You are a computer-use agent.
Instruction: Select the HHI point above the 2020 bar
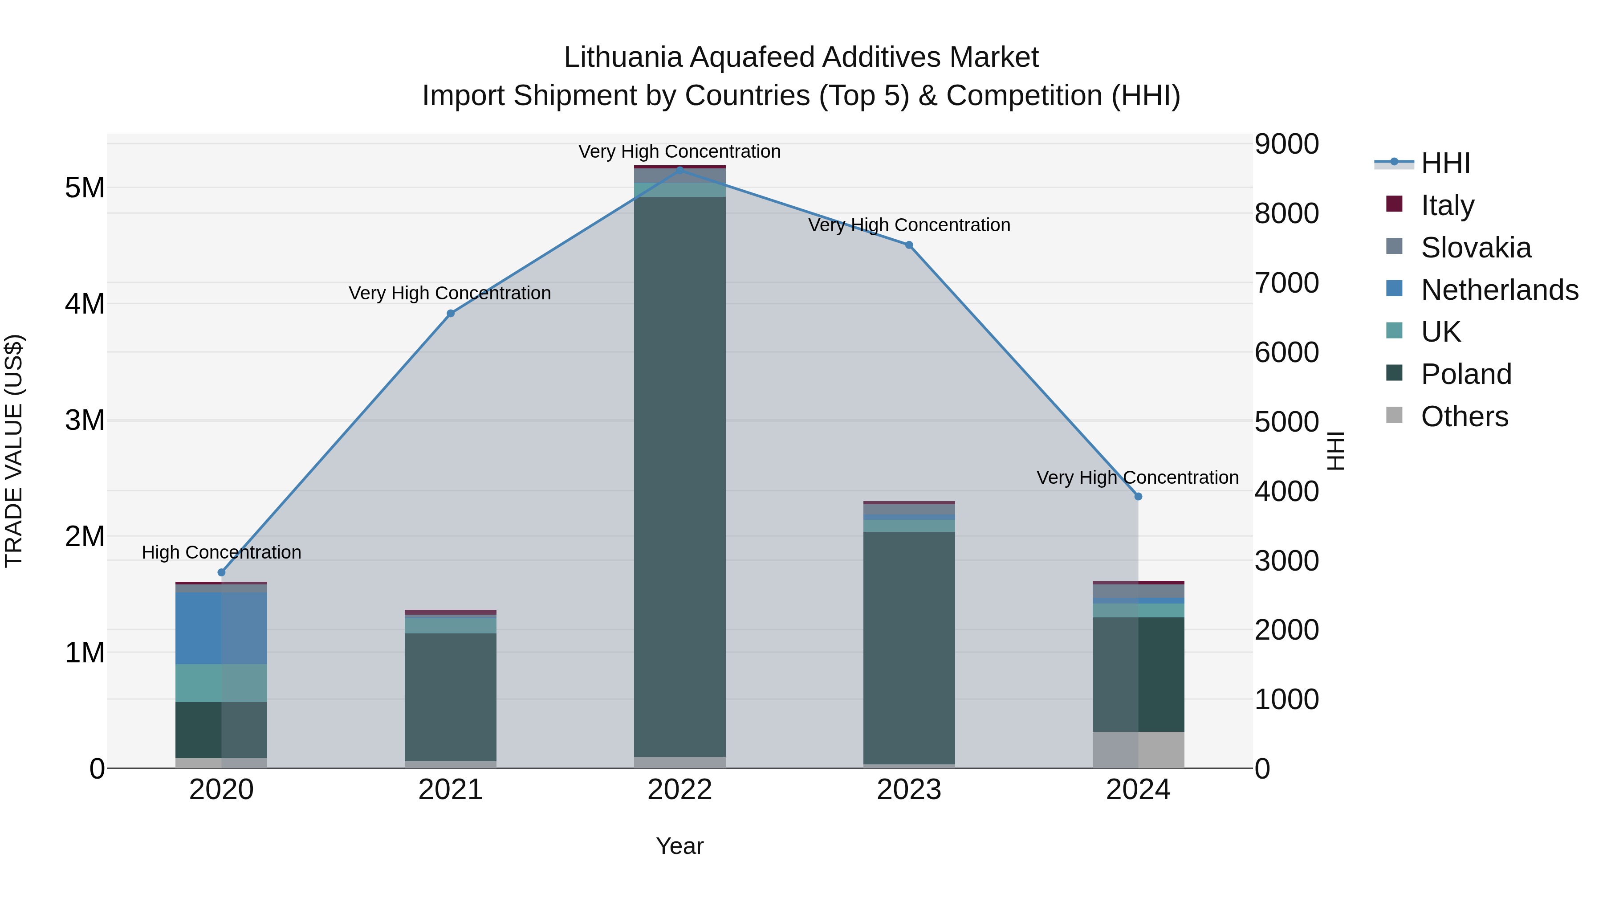pos(222,572)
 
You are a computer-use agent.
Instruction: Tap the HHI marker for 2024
pos(1138,496)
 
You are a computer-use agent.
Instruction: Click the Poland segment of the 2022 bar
pos(679,476)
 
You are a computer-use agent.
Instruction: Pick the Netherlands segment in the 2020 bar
pos(222,628)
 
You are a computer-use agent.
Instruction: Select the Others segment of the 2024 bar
pos(1138,750)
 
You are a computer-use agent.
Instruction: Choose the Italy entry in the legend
pos(1448,205)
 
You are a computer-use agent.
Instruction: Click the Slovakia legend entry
pos(1476,247)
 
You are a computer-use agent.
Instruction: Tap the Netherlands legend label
pos(1499,290)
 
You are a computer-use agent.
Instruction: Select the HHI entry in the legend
pos(1445,163)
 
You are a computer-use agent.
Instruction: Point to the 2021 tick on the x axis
pos(451,790)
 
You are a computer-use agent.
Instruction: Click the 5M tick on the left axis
pos(85,188)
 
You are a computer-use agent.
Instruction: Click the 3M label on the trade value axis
pos(85,420)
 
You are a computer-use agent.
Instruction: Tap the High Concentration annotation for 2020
pos(222,552)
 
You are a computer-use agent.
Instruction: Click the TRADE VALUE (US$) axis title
pos(14,451)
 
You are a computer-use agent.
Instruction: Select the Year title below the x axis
pos(679,846)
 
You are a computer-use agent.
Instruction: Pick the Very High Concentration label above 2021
pos(450,293)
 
